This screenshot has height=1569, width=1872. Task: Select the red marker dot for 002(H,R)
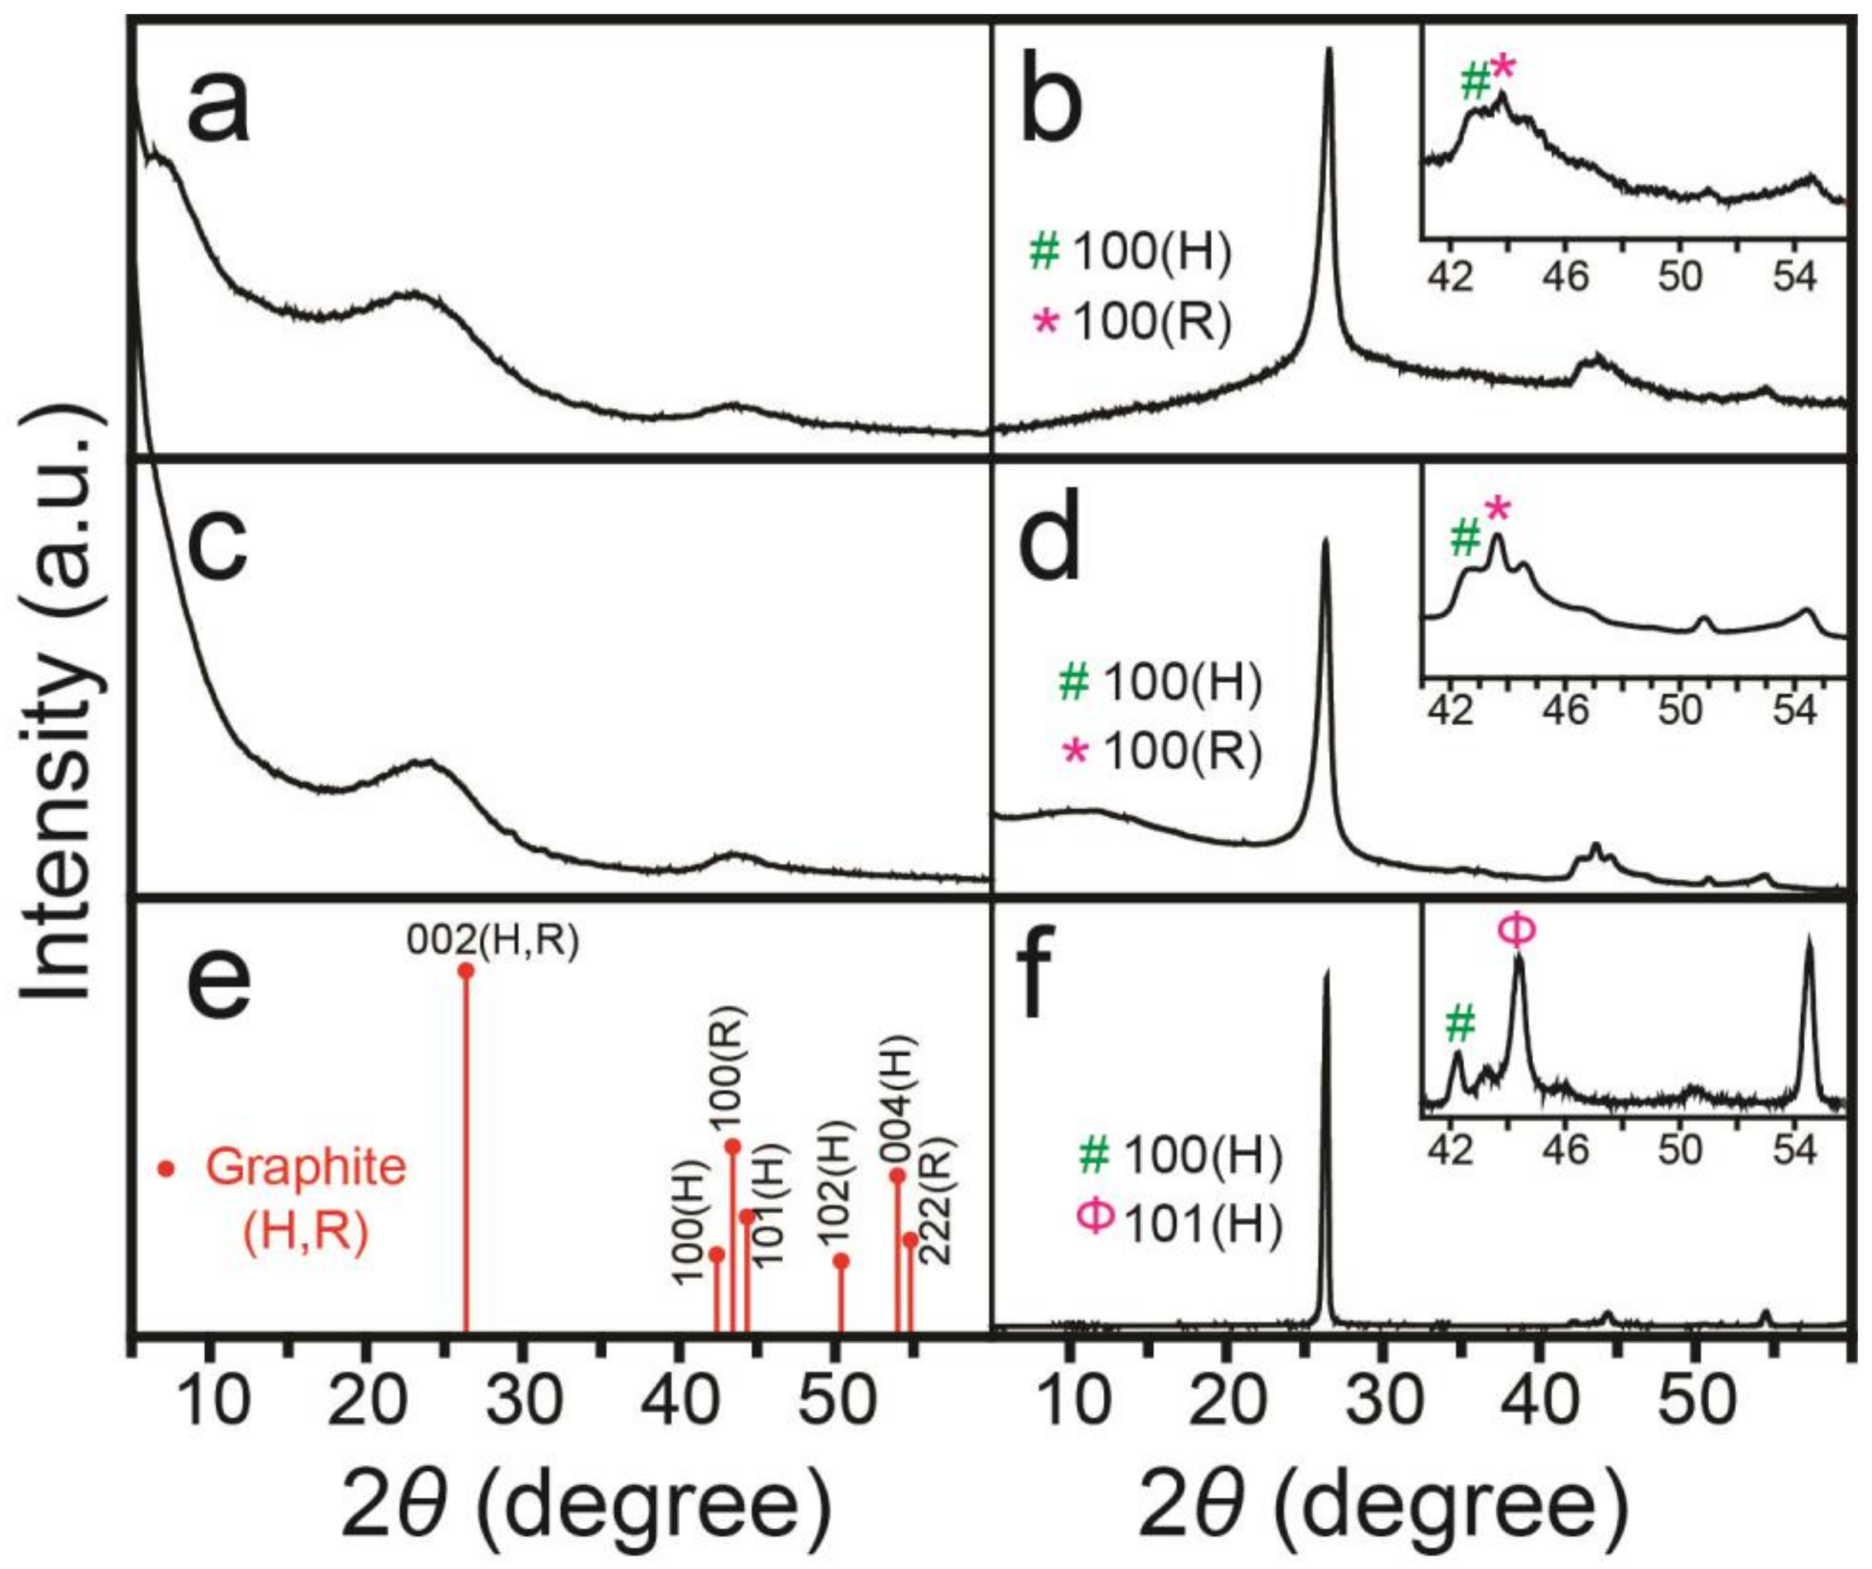(466, 971)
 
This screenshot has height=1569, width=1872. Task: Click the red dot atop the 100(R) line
(733, 1145)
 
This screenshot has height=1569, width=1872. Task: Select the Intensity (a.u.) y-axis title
(63, 704)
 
